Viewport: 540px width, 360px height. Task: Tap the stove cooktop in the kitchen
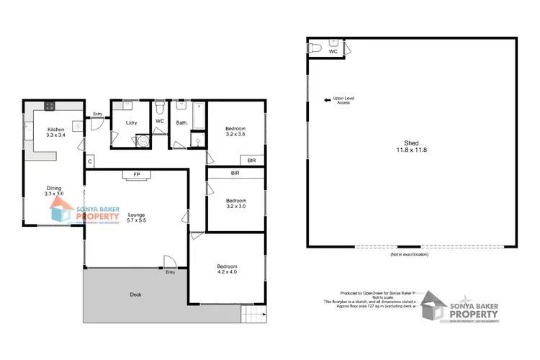pyautogui.click(x=50, y=107)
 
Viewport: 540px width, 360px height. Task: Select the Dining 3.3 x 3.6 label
pyautogui.click(x=54, y=189)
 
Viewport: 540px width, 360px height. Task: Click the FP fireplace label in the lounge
pyautogui.click(x=137, y=174)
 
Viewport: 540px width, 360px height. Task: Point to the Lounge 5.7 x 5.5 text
pyautogui.click(x=136, y=217)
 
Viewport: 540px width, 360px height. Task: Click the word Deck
pyautogui.click(x=135, y=294)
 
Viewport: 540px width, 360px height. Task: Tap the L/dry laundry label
pyautogui.click(x=132, y=123)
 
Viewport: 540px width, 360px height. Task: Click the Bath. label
pyautogui.click(x=182, y=123)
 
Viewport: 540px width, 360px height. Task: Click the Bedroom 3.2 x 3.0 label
pyautogui.click(x=235, y=204)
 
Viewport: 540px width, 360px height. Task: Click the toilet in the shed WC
pyautogui.click(x=315, y=47)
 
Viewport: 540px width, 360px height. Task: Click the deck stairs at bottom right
pyautogui.click(x=254, y=314)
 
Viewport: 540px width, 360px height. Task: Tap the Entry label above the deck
pyautogui.click(x=171, y=272)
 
